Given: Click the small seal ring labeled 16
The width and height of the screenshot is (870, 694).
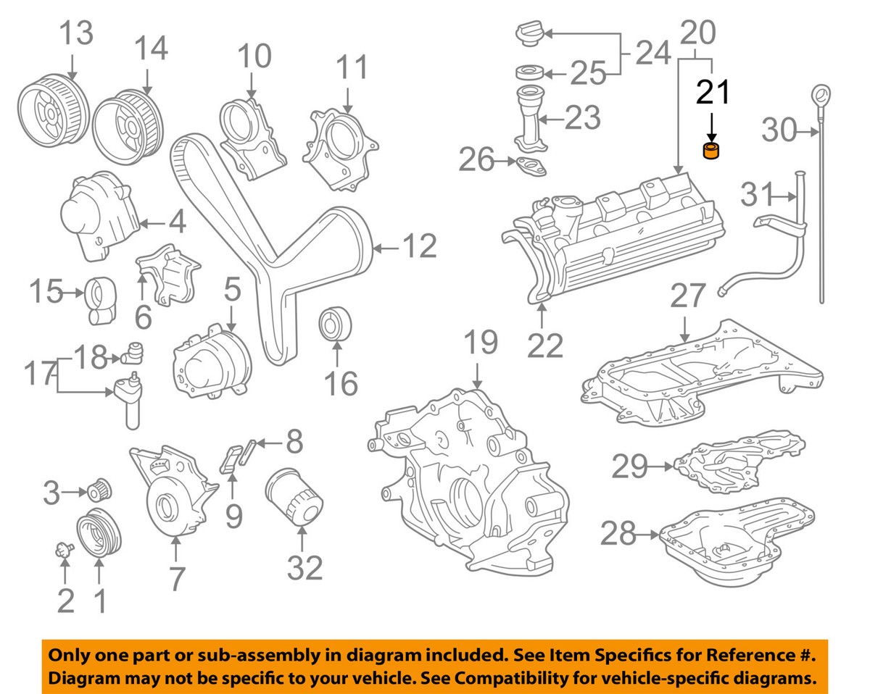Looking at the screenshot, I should [x=336, y=322].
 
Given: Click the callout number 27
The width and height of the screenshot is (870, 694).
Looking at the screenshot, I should [x=687, y=297].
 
